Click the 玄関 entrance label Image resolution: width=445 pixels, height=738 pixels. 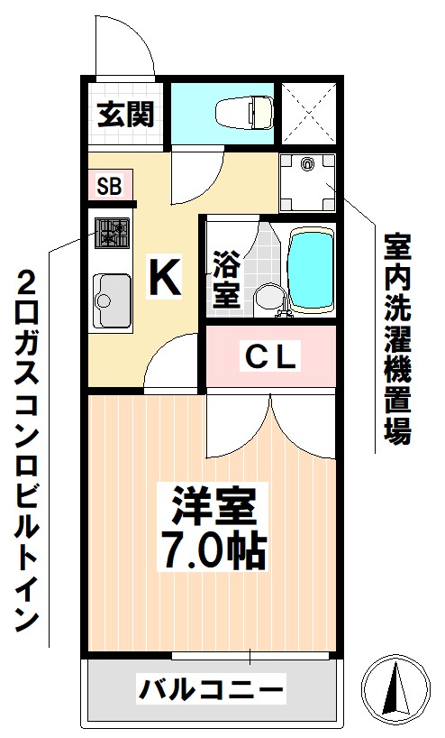(126, 115)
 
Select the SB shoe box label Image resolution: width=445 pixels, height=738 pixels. (109, 187)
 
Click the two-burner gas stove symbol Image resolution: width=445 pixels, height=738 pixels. (112, 234)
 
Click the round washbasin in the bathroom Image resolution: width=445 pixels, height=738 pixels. (266, 297)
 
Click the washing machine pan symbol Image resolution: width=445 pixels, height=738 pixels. (307, 180)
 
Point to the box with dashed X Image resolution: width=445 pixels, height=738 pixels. (309, 113)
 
